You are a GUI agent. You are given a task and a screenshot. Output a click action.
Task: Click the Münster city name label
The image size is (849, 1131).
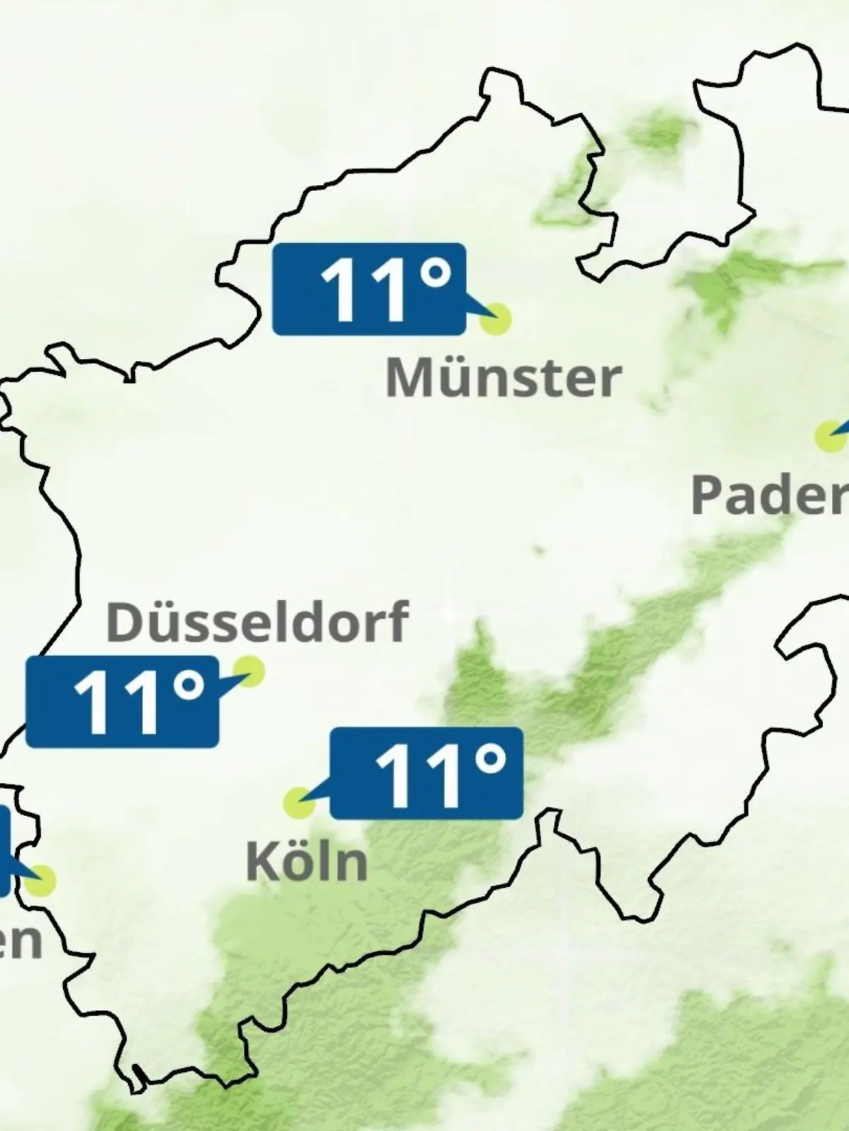point(503,377)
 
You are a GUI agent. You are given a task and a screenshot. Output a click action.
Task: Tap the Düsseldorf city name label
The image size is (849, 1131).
point(257,621)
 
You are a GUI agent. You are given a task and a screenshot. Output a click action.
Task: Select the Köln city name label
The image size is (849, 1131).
point(306,862)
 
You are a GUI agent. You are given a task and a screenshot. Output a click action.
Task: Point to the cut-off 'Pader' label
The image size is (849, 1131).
point(770,495)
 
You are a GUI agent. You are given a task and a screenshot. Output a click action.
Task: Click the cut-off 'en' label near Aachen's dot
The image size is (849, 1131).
point(20,940)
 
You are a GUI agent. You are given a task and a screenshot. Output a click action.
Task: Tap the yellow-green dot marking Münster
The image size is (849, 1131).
point(495,319)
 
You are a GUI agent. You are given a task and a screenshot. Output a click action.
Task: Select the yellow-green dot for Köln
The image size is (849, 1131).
point(299,803)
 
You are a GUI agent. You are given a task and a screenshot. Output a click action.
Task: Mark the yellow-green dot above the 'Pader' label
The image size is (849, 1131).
point(829,436)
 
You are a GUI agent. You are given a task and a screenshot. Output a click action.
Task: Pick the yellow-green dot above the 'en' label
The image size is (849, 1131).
point(41,881)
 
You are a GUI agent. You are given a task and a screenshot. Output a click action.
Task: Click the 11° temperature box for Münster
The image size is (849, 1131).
point(369,289)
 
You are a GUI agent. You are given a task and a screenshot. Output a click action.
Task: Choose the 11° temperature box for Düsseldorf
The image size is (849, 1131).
point(122,702)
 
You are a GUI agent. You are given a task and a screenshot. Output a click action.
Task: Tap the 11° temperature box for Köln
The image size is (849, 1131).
point(427,773)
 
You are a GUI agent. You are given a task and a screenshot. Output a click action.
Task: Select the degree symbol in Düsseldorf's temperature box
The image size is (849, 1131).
point(188,686)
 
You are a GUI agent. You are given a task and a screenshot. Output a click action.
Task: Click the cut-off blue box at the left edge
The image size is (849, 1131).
point(4,851)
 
